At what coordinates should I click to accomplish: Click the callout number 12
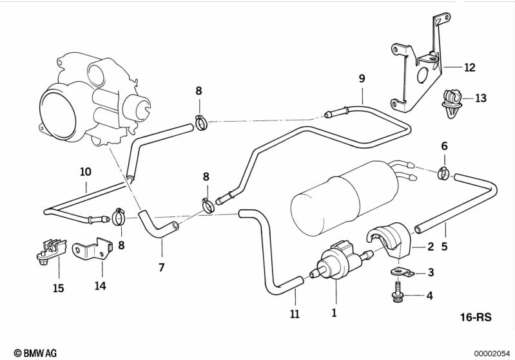point(469,66)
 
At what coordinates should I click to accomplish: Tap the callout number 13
point(481,99)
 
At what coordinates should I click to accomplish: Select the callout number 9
point(362,79)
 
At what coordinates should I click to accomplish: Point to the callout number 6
point(443,146)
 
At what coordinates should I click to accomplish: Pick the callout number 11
point(295,314)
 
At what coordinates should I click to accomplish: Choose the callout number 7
point(162,267)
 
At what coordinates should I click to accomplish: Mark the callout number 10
point(86,172)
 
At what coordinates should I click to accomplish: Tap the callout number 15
point(59,288)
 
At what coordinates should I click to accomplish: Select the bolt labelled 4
point(396,293)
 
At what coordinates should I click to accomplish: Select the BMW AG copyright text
point(35,353)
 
